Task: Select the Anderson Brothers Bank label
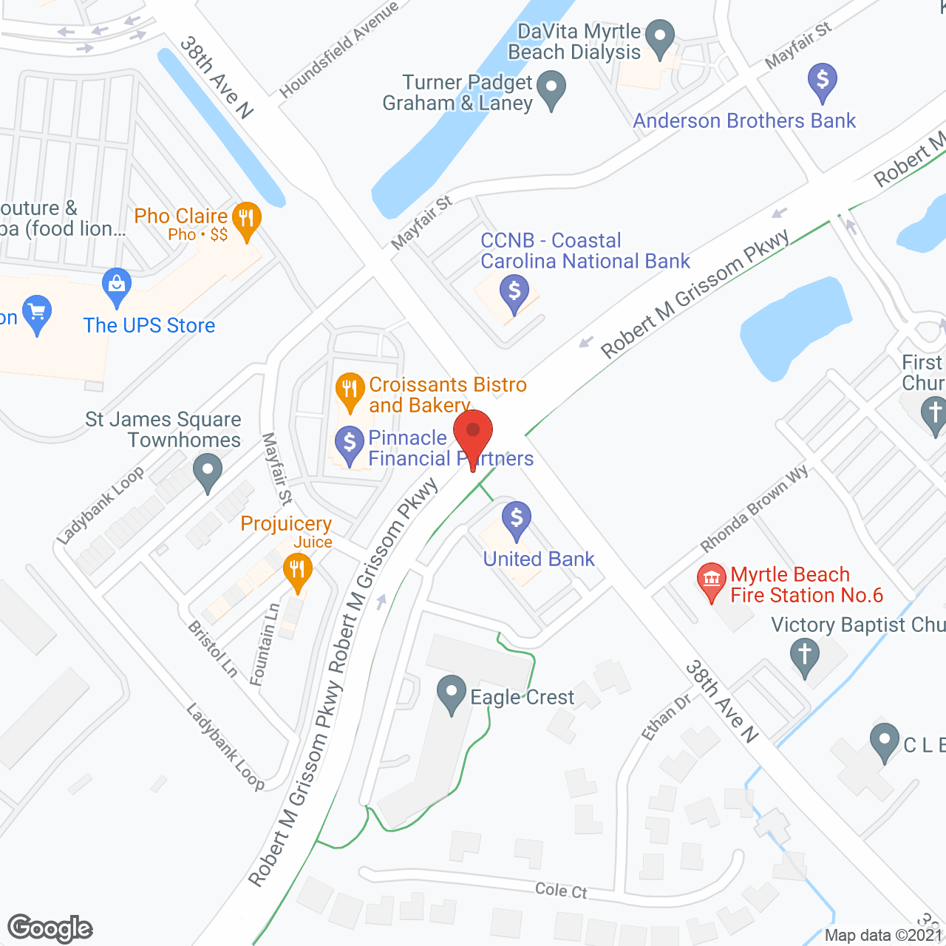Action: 744,120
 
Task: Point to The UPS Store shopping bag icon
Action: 117,285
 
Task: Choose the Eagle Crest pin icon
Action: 451,693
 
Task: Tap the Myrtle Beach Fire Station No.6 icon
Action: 712,580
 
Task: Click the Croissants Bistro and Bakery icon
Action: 350,389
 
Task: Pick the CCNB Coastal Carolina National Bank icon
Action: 514,292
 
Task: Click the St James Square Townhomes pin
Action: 208,471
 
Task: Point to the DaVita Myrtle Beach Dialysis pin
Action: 659,36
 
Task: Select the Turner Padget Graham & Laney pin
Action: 551,88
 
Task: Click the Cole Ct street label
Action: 561,890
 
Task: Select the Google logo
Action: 50,928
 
